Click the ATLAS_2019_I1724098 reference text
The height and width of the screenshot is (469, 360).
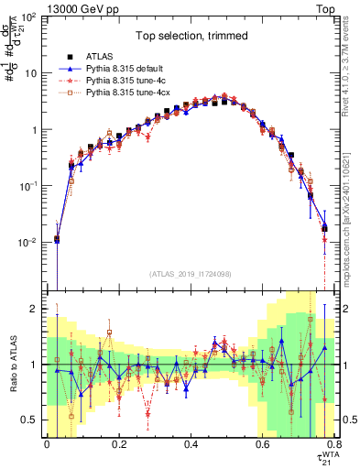click(x=191, y=273)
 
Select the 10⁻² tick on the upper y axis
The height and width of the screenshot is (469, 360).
click(x=29, y=243)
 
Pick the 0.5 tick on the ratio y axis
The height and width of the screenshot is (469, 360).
click(x=31, y=420)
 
